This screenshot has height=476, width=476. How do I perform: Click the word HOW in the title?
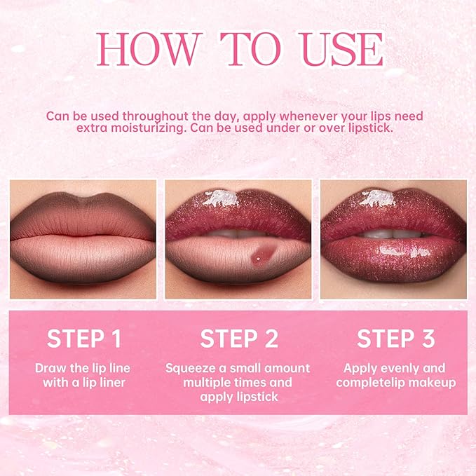click(x=148, y=50)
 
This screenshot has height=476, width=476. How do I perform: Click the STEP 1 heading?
click(x=83, y=339)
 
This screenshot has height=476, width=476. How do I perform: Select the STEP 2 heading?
click(x=238, y=339)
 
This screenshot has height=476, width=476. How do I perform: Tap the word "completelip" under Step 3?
click(x=368, y=383)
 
